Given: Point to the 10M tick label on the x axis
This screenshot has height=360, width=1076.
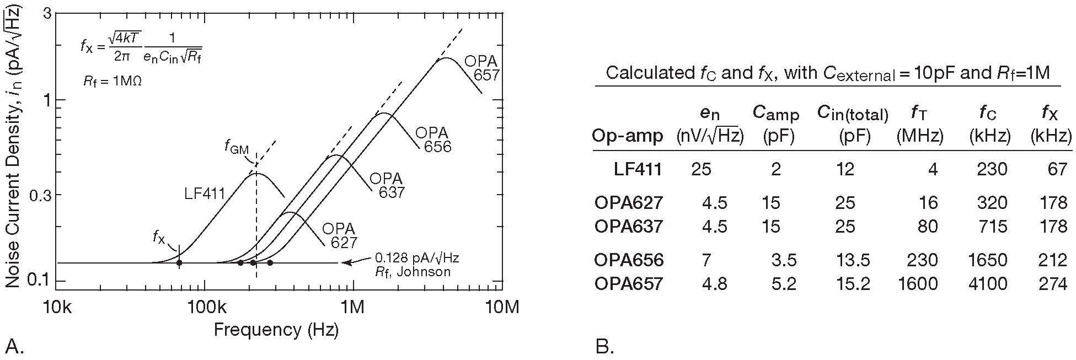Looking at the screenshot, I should [x=501, y=307].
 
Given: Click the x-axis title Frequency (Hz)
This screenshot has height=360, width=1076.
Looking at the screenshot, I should [x=276, y=330].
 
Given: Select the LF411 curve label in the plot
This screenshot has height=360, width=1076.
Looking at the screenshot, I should [x=205, y=193].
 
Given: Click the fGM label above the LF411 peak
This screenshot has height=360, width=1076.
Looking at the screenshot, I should [x=237, y=147].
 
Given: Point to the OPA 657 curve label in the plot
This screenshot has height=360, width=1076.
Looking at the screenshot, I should [x=481, y=68].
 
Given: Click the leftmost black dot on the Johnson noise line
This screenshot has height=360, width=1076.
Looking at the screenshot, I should [x=179, y=262].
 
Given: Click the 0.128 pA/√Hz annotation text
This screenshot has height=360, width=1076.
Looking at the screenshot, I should [x=416, y=257].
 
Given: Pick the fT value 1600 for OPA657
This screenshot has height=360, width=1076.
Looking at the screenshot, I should [x=917, y=284].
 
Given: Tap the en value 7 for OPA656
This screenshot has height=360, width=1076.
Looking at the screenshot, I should [x=706, y=260].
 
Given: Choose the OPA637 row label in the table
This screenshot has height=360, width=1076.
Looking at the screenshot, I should [x=628, y=226].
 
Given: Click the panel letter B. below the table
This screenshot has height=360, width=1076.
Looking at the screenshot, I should [x=605, y=347].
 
